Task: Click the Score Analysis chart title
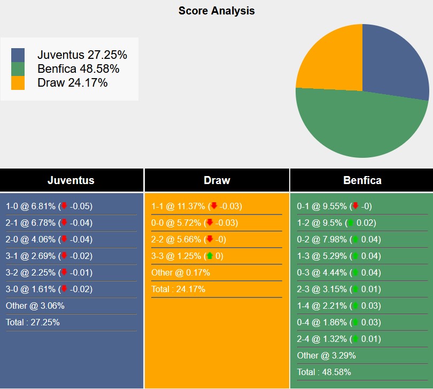click(216, 11)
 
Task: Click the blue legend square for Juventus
click(18, 55)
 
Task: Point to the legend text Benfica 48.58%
click(78, 68)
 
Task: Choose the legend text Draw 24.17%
click(72, 82)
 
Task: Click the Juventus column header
click(71, 180)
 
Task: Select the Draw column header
click(216, 180)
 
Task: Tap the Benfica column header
click(362, 180)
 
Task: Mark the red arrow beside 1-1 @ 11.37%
click(214, 206)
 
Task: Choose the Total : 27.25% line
click(33, 322)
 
